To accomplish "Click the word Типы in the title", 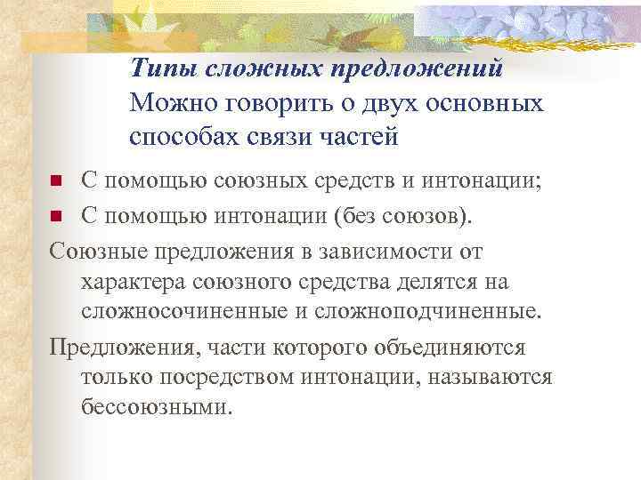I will coord(163,68).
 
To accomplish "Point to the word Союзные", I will coord(98,251).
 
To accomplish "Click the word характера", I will coord(131,282).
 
